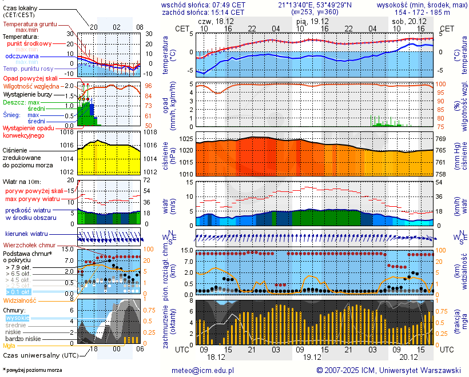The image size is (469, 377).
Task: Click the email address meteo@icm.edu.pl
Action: point(204,370)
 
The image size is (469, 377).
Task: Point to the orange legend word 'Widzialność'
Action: point(20,300)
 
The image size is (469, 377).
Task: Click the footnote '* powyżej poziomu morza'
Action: point(32,370)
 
